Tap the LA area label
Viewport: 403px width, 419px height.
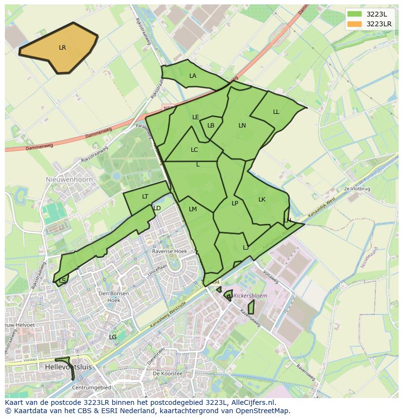pos(193,76)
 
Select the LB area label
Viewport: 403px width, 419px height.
pos(211,126)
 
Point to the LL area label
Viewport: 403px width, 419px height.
pos(276,112)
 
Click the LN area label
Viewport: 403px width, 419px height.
pos(242,126)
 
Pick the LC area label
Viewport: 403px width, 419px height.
pos(194,150)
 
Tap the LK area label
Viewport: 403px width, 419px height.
pos(262,200)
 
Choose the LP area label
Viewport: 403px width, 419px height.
pos(235,203)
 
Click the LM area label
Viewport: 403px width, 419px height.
pos(193,209)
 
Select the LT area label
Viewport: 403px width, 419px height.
pos(145,197)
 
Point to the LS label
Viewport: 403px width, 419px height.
pos(62,281)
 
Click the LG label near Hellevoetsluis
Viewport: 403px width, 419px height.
pos(112,337)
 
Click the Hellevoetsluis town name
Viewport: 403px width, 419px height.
pos(68,366)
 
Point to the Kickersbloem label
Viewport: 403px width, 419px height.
pos(250,295)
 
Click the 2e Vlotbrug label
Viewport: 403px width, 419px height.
pos(357,188)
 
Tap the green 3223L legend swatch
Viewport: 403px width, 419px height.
pos(354,14)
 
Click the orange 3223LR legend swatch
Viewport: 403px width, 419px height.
pos(354,24)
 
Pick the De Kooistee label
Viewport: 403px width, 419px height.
pos(167,373)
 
